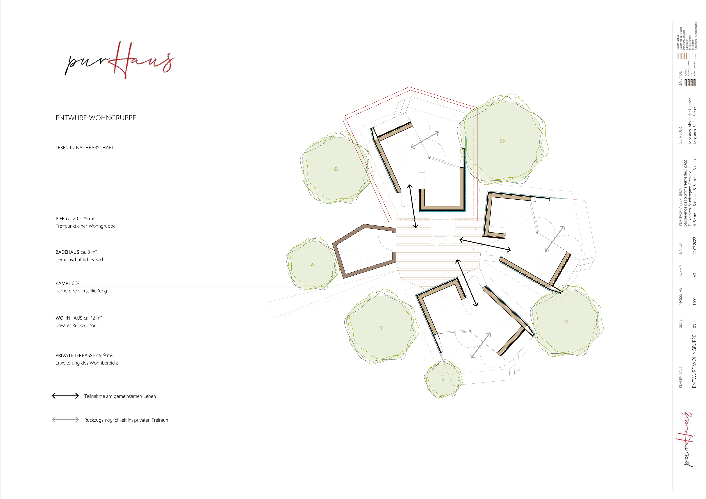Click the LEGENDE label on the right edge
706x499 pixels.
[680, 79]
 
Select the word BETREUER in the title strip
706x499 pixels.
[680, 135]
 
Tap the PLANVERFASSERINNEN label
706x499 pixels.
[680, 207]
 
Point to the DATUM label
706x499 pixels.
[680, 248]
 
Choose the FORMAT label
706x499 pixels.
[680, 270]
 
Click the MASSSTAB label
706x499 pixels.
[680, 296]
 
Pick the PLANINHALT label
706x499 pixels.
[680, 377]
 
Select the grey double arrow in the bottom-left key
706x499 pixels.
[65, 420]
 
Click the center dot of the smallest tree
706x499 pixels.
[443, 379]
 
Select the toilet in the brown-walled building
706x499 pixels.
[370, 262]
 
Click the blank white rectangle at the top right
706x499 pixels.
[626, 14]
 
